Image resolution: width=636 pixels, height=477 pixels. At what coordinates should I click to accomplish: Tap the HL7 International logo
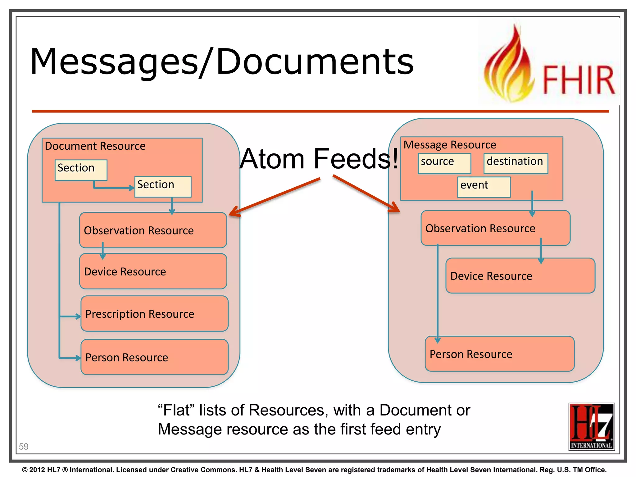point(591,426)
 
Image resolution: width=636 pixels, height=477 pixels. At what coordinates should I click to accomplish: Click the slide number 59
point(24,446)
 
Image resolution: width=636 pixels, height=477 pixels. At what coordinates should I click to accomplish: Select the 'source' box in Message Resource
point(444,163)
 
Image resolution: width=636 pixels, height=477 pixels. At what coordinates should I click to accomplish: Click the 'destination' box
point(516,163)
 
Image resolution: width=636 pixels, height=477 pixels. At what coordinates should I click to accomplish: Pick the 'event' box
point(484,187)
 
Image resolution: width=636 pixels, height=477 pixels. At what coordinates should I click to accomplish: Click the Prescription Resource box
point(154,314)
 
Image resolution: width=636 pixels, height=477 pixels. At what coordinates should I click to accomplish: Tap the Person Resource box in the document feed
point(154,357)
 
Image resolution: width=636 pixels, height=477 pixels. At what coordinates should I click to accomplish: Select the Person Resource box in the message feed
point(499,354)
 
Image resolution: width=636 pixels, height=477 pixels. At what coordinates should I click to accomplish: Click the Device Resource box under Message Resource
point(520,276)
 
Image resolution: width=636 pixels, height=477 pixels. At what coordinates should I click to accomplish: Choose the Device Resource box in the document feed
point(153,271)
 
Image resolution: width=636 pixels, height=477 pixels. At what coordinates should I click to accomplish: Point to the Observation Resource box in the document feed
point(153,230)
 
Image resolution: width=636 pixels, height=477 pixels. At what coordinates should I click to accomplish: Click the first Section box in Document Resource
point(81,170)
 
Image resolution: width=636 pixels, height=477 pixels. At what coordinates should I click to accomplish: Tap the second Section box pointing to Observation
point(163,187)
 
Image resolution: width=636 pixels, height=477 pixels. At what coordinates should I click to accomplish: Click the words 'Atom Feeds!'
point(319,159)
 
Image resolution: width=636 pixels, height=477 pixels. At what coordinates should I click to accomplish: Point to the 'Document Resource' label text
point(95,146)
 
